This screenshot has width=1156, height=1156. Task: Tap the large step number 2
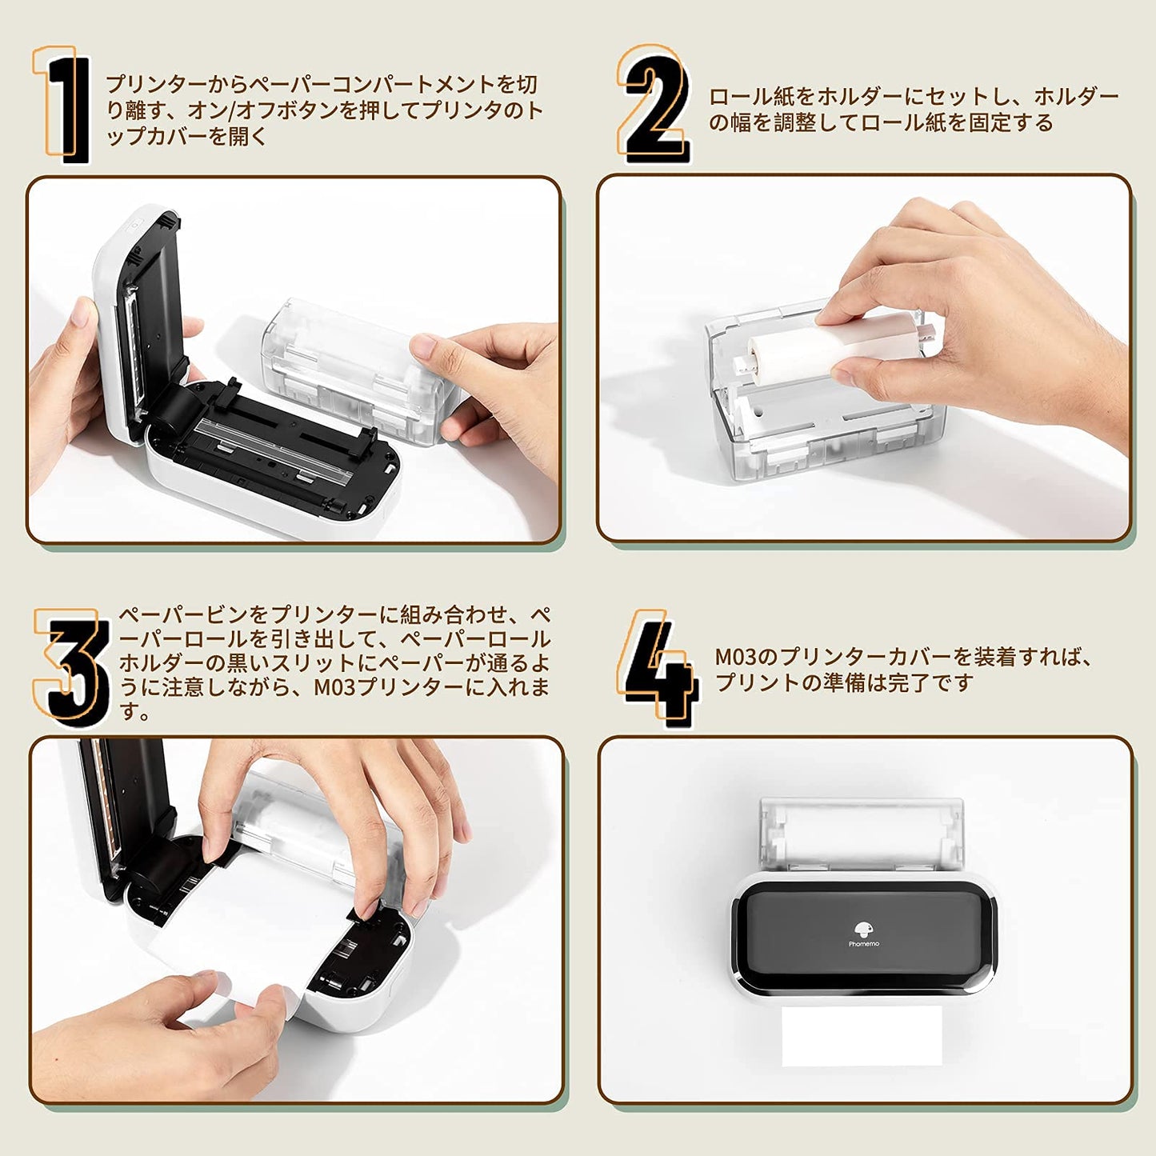click(x=654, y=104)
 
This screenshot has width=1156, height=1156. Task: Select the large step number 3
click(x=74, y=667)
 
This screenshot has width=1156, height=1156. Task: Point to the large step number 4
click(x=658, y=669)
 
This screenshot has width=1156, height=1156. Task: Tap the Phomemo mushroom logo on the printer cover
click(x=863, y=930)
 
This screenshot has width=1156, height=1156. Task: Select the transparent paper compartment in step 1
click(x=344, y=368)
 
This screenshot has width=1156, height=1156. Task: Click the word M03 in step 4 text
click(x=734, y=658)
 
